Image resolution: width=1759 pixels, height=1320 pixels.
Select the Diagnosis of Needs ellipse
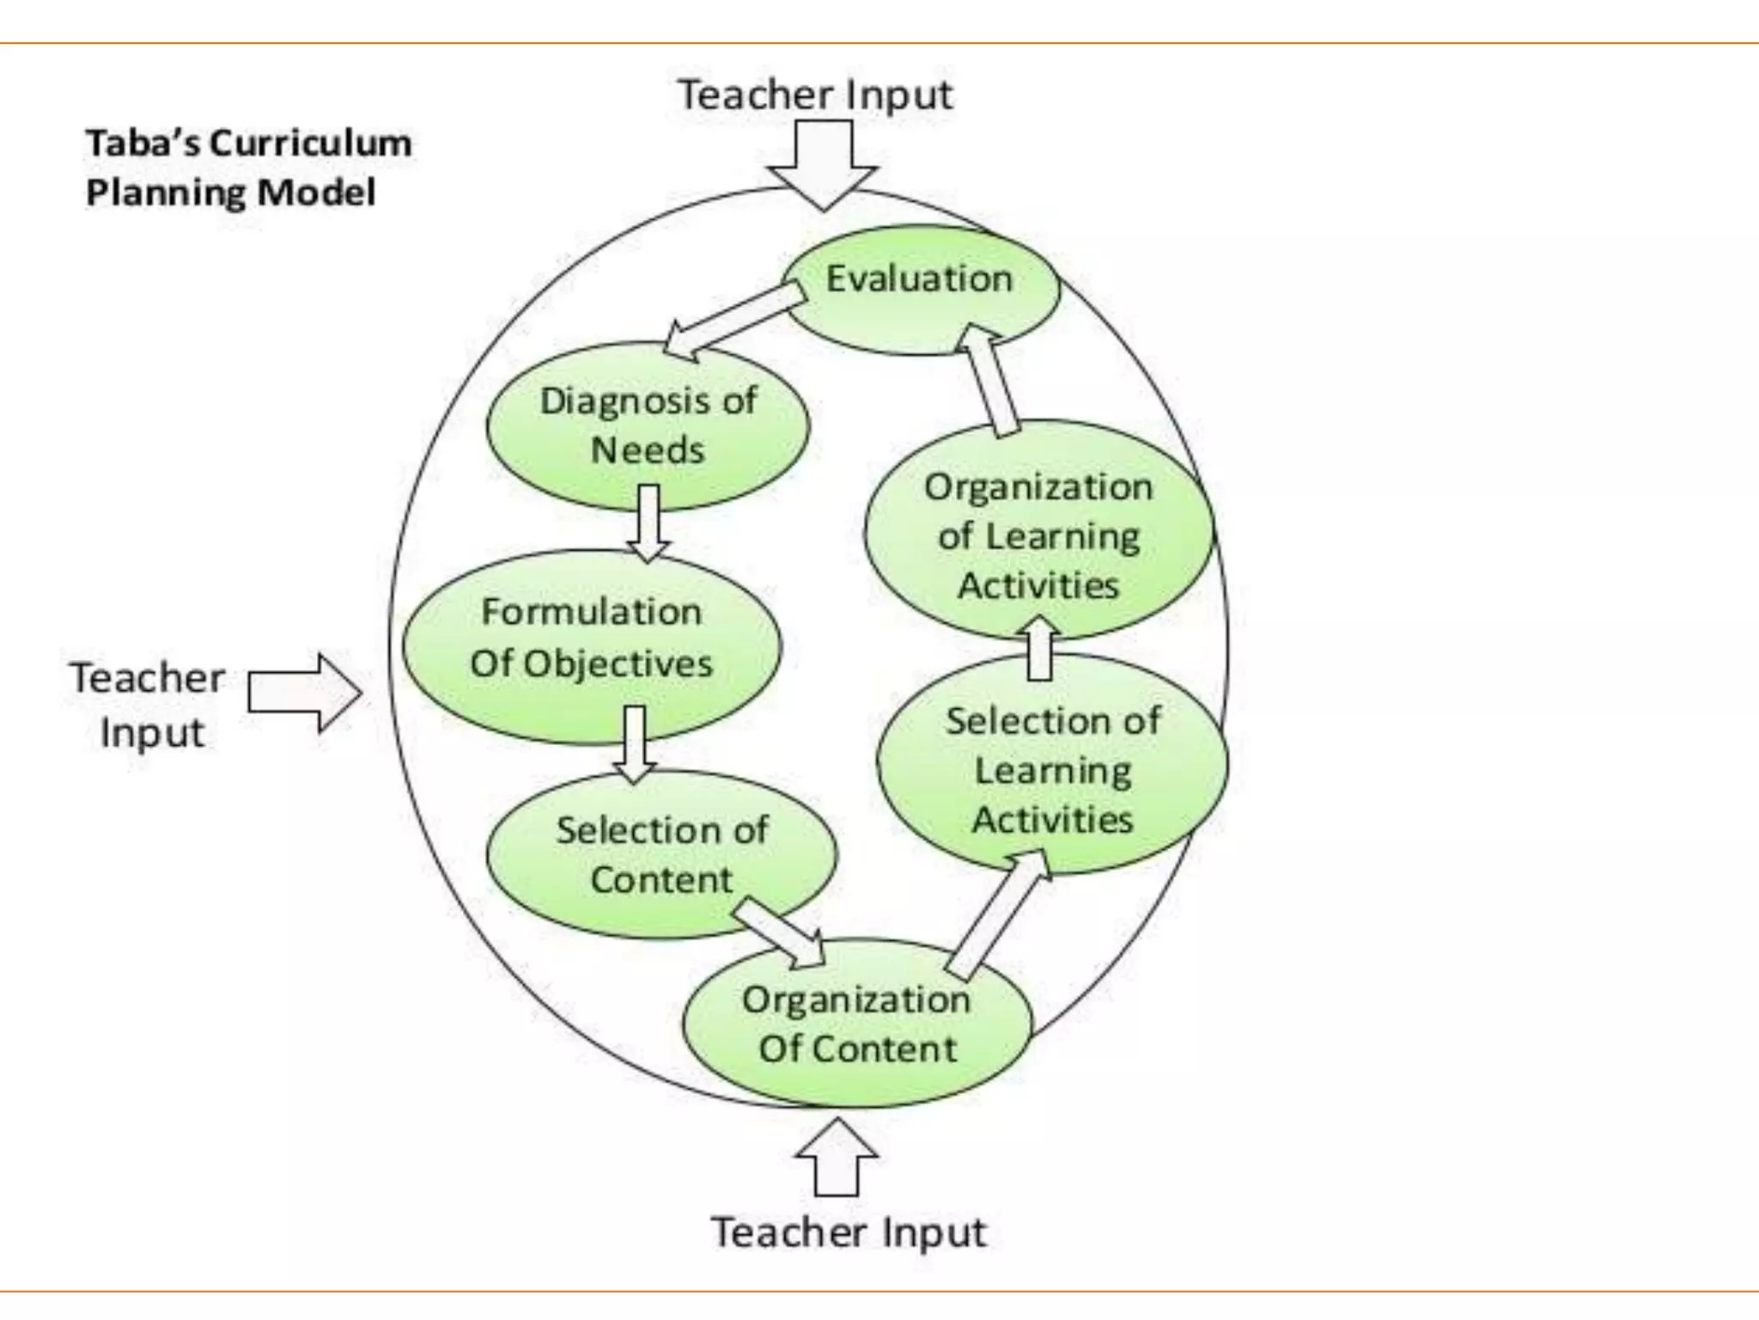(648, 426)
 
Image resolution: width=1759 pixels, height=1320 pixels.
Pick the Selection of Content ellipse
(661, 854)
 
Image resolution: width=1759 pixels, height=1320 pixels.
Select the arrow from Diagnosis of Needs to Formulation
(648, 522)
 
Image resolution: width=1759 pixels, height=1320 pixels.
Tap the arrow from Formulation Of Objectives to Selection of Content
(634, 743)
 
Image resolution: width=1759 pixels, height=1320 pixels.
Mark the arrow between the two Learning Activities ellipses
(1039, 649)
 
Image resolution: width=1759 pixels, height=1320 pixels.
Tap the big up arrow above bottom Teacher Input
(837, 1158)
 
